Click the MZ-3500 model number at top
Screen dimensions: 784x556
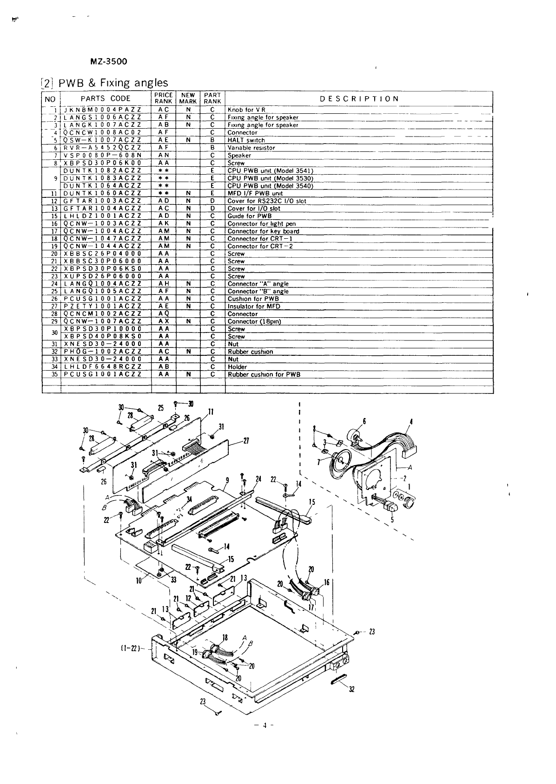click(x=109, y=61)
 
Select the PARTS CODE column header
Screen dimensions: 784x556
click(x=106, y=98)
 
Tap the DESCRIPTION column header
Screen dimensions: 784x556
click(x=359, y=98)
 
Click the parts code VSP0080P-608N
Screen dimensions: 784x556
click(x=102, y=155)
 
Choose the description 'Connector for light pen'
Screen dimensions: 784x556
click(x=261, y=223)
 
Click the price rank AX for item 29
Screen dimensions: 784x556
click(x=164, y=321)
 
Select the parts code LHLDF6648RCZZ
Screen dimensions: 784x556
click(x=102, y=366)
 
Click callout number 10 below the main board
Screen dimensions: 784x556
click(x=138, y=580)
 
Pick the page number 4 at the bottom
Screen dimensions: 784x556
click(x=264, y=725)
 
